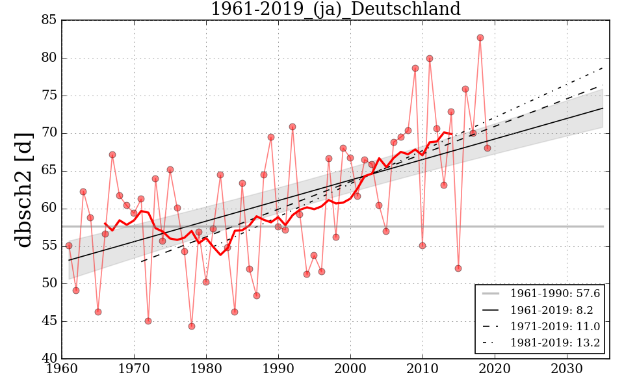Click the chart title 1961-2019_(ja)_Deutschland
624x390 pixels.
[x=335, y=10]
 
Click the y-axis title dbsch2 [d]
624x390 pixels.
[x=24, y=189]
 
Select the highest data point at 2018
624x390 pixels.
[x=480, y=38]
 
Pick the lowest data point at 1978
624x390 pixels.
[x=192, y=326]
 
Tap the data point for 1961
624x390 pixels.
[x=69, y=246]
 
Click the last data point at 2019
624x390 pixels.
[x=487, y=148]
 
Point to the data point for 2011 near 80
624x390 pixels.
[x=430, y=58]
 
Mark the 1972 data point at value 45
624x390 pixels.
[x=148, y=321]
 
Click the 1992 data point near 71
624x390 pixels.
[x=292, y=127]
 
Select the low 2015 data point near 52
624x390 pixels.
[x=458, y=268]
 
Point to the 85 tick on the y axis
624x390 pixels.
[x=49, y=21]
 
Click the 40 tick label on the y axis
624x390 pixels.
[x=49, y=359]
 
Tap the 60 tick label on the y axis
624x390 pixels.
[x=49, y=209]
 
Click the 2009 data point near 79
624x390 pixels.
[x=415, y=68]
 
